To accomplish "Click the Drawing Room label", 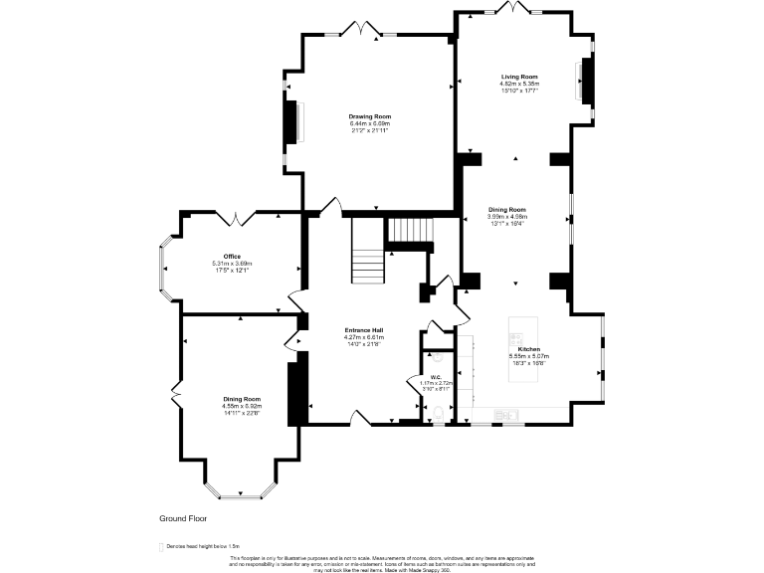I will [x=369, y=116].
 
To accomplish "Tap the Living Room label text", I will [x=519, y=77].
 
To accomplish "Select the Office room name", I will [x=232, y=257].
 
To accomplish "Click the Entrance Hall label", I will [x=364, y=330].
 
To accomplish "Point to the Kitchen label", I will [x=528, y=349].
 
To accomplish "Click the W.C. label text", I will [x=436, y=376].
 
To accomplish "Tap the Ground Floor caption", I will [x=184, y=518].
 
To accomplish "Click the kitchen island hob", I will [x=516, y=336].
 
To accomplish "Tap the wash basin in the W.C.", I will [x=437, y=355].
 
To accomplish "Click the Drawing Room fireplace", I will [x=291, y=123].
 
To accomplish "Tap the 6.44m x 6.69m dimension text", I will [x=369, y=123].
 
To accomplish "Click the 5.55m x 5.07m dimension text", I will [x=528, y=356].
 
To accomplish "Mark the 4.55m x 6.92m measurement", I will [x=241, y=406].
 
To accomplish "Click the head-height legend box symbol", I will [x=160, y=546].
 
